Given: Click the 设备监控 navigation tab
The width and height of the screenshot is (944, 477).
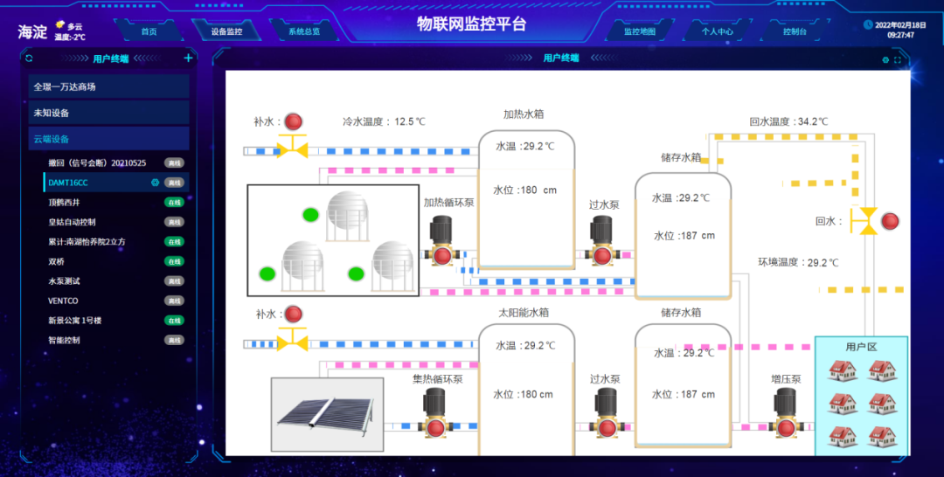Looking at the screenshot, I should pos(226,31).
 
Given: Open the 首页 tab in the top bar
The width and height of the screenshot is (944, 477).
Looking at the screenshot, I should pos(149,31).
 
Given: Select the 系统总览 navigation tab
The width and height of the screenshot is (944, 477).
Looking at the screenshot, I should pos(304,31).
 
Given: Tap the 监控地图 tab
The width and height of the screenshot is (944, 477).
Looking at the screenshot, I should pos(639,31).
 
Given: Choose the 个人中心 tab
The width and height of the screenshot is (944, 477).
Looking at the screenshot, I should pos(717,31).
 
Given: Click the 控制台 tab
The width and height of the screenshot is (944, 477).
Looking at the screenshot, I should pos(795,31).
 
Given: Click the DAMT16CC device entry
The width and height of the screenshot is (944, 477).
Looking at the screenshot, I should pos(68,183).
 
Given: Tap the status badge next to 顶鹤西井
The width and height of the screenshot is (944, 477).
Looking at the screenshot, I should pos(174,202).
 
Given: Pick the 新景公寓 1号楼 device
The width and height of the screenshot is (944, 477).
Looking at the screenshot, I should pos(75,321).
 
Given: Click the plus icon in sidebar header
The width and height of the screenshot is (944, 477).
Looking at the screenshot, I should pos(188,59).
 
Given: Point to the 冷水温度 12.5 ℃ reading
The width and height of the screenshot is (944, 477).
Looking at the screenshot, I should pos(384,121).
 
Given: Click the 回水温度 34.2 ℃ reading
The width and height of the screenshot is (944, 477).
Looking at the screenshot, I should pos(788,121).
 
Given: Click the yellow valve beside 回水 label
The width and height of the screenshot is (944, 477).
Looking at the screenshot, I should pos(865,221).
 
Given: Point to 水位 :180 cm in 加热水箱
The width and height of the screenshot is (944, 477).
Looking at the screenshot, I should pos(524,190).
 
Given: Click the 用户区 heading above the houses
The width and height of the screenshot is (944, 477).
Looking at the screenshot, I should pos(861,347).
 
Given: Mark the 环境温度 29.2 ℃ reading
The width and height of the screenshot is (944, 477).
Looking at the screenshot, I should pos(798,262).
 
